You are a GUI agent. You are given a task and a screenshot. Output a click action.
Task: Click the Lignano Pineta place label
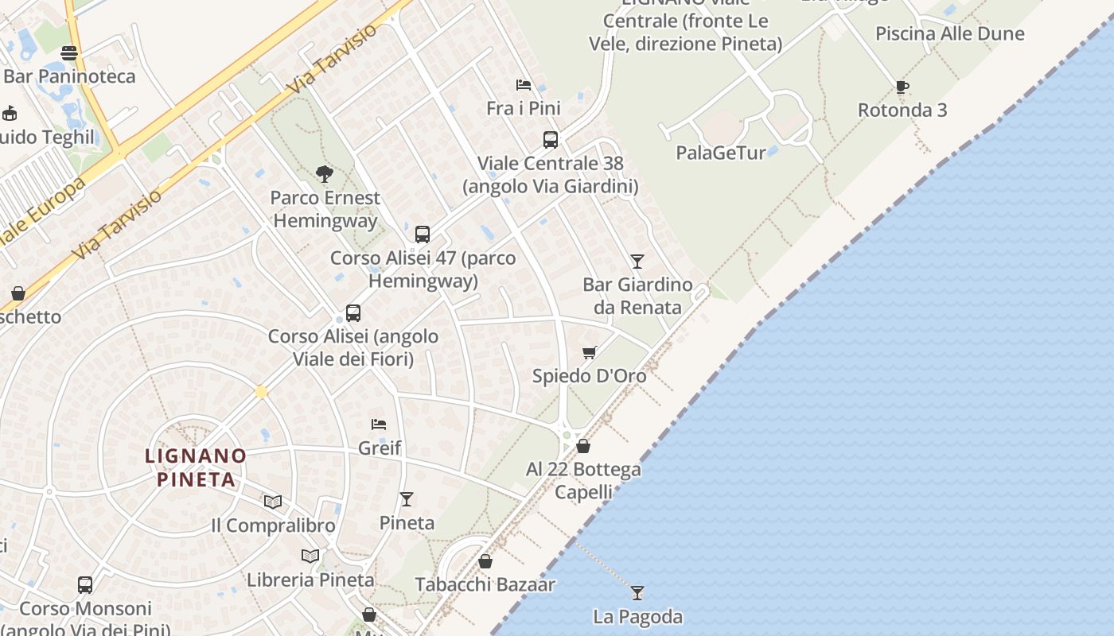[x=196, y=467]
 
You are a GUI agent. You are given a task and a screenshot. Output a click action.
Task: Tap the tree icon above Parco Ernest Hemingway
[x=324, y=173]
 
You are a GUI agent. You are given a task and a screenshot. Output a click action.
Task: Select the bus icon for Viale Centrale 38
[x=550, y=140]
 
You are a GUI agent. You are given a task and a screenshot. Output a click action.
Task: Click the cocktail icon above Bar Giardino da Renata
[x=637, y=261]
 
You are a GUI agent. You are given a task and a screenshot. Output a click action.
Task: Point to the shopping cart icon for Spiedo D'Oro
[x=589, y=352]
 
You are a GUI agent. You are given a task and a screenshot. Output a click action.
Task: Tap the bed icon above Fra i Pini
[x=523, y=85]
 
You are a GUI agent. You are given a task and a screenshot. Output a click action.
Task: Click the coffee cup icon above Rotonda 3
[x=902, y=87]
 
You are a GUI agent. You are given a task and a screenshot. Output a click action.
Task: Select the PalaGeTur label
[x=720, y=153]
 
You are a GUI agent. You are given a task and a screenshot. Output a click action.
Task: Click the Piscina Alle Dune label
[x=949, y=33]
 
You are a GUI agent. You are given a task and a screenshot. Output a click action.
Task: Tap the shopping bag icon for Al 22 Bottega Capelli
[x=583, y=446]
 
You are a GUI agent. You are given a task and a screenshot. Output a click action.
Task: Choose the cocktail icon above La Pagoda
[x=637, y=592]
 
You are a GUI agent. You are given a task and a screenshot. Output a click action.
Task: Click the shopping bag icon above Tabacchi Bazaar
[x=485, y=561]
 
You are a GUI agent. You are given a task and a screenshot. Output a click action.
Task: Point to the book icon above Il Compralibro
[x=273, y=502]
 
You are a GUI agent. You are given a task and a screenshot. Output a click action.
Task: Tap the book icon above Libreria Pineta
[x=310, y=556]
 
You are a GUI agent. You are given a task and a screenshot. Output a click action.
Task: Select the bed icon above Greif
[x=379, y=425]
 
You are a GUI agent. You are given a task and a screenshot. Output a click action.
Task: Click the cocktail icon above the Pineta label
[x=407, y=498]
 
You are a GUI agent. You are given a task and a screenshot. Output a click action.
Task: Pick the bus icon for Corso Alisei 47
[x=423, y=235]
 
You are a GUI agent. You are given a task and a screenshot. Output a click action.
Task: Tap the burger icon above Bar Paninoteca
[x=69, y=53]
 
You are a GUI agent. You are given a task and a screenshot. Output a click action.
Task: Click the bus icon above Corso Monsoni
[x=85, y=585]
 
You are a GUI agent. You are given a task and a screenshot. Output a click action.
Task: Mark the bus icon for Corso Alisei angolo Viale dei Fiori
[x=353, y=313]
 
